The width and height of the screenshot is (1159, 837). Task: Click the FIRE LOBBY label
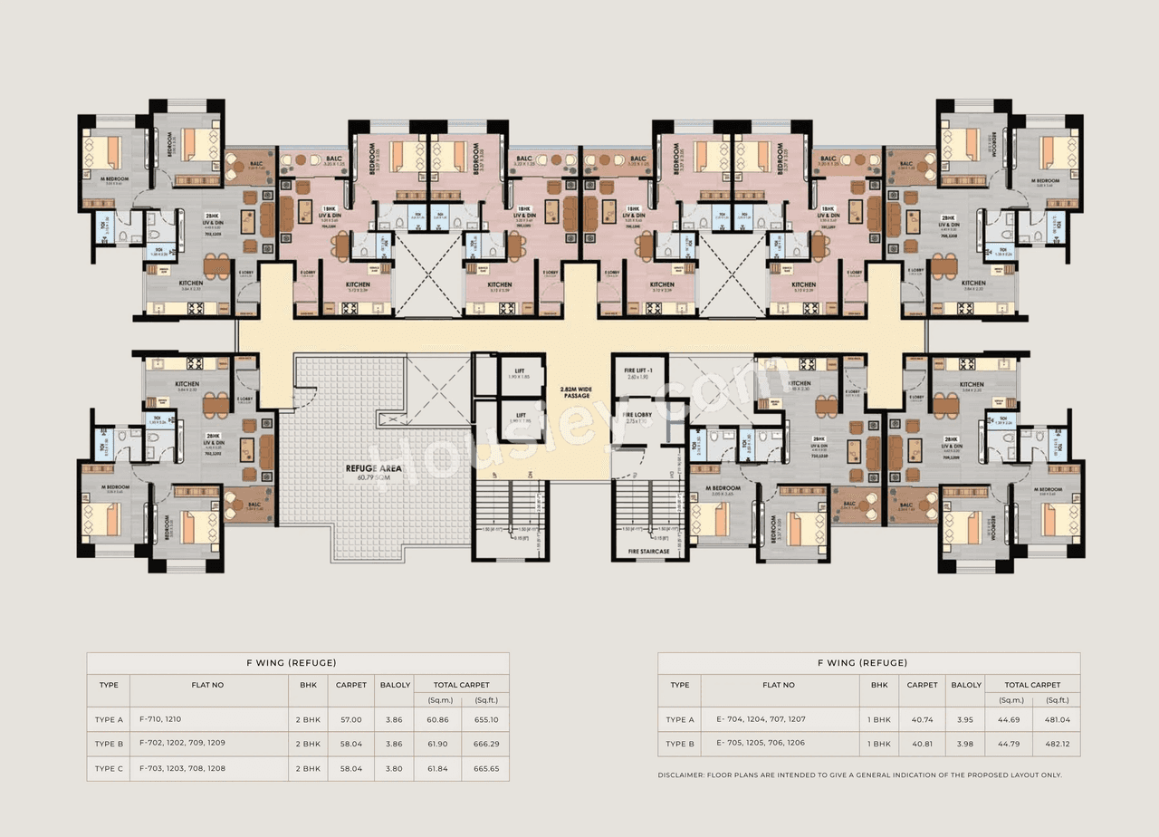pos(639,416)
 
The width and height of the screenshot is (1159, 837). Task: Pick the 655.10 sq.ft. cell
pos(485,719)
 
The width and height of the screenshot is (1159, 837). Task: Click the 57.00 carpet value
pos(350,719)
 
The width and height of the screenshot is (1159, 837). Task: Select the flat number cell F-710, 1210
pos(160,719)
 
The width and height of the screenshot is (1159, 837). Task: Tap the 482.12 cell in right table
pos(1057,744)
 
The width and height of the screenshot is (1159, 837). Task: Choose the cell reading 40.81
pos(922,744)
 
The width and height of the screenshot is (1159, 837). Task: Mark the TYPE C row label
pos(109,768)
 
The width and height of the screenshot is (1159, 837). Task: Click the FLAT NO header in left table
pos(207,685)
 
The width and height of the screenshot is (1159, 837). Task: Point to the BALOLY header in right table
pos(966,685)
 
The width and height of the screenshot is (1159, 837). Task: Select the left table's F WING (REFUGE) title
pos(297,663)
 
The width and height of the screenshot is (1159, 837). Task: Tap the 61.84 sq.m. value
pos(436,768)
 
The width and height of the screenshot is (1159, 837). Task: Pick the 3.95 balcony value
pos(966,719)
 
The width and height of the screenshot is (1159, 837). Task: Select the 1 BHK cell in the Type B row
pos(878,744)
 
